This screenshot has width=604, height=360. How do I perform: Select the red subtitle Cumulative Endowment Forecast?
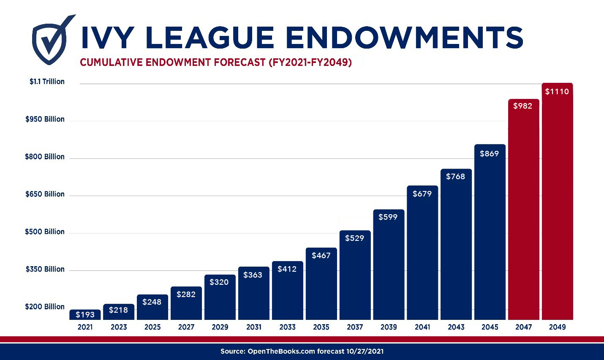click(215, 63)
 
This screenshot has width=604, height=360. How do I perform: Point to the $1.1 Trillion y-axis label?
click(47, 82)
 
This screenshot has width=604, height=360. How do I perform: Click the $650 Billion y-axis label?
click(45, 194)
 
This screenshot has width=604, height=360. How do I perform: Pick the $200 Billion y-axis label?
click(45, 307)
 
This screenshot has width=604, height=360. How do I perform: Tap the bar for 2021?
click(85, 315)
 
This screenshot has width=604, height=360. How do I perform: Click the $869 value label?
click(490, 154)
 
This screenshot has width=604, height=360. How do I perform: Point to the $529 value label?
click(354, 238)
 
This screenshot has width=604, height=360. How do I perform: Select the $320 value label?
click(219, 282)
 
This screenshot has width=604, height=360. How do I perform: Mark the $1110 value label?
click(557, 92)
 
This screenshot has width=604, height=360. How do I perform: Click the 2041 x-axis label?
click(422, 327)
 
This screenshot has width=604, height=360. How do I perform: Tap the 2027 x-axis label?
click(186, 327)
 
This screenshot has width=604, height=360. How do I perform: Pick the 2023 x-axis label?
click(119, 327)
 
